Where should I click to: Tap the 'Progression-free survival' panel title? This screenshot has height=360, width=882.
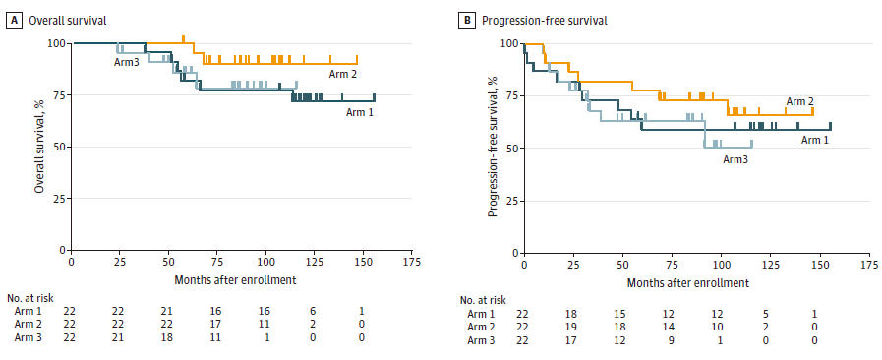pos(544,21)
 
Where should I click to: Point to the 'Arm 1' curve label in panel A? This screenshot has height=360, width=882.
pos(361,111)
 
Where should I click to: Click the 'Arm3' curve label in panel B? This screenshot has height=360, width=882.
pos(735,159)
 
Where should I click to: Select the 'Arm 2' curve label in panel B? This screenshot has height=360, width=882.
pos(799,102)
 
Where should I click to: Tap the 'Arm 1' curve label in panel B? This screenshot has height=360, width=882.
pos(814,140)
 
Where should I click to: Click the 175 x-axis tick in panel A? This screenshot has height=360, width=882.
pos(412,262)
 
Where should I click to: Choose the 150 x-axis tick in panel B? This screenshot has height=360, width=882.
pos(820,265)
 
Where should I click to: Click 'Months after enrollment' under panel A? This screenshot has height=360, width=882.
pos(235,279)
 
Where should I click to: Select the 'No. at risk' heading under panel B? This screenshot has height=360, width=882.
pos(482,300)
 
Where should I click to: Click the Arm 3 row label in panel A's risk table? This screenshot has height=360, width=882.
pos(29,337)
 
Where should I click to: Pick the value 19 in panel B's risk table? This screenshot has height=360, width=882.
pos(571,328)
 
